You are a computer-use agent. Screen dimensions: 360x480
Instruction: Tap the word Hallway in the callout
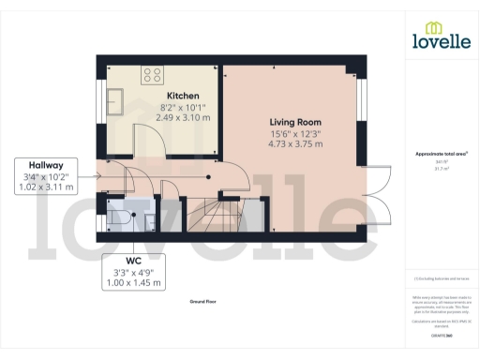pyautogui.click(x=44, y=164)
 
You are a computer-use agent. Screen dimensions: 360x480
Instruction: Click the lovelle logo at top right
pyautogui.click(x=442, y=37)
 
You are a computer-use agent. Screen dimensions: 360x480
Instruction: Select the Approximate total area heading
pyautogui.click(x=441, y=153)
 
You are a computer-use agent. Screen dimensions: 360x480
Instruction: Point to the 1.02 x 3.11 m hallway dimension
pyautogui.click(x=44, y=187)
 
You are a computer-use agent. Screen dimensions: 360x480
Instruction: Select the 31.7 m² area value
pyautogui.click(x=441, y=169)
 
